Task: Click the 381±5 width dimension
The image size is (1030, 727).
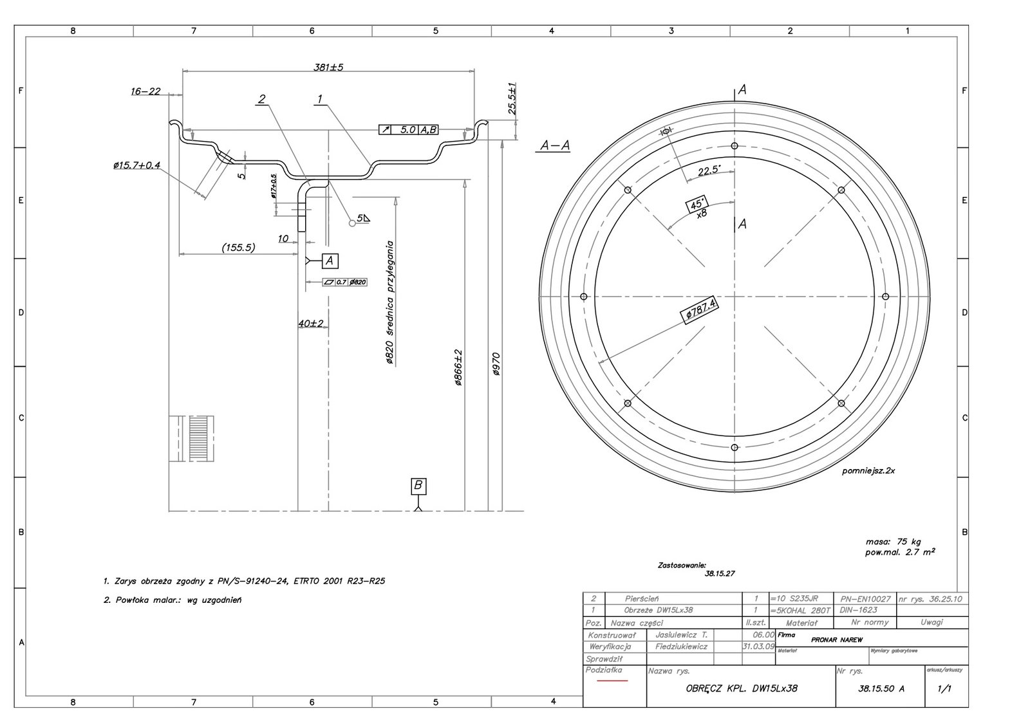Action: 328,67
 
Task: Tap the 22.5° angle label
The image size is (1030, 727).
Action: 709,170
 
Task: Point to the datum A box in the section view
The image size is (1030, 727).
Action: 330,261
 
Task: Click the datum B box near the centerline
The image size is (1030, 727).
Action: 418,486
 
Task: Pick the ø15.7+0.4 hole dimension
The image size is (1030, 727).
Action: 136,166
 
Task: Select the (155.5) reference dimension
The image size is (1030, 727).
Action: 238,247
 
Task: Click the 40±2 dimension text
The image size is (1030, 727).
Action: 311,323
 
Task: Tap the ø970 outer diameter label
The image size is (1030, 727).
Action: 496,364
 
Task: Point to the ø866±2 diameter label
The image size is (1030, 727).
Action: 458,367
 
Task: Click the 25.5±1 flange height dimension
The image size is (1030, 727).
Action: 512,98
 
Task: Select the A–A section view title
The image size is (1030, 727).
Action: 555,145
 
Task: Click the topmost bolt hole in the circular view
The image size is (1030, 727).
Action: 735,146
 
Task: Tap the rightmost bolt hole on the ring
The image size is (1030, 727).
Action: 885,297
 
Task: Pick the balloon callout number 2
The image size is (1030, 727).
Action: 261,99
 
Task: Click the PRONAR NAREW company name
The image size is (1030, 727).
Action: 837,640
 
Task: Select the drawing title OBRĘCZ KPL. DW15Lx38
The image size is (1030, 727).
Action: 742,688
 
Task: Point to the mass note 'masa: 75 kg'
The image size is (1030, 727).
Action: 893,542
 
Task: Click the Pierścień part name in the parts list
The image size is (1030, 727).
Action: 642,598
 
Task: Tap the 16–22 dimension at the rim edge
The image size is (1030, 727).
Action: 145,91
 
